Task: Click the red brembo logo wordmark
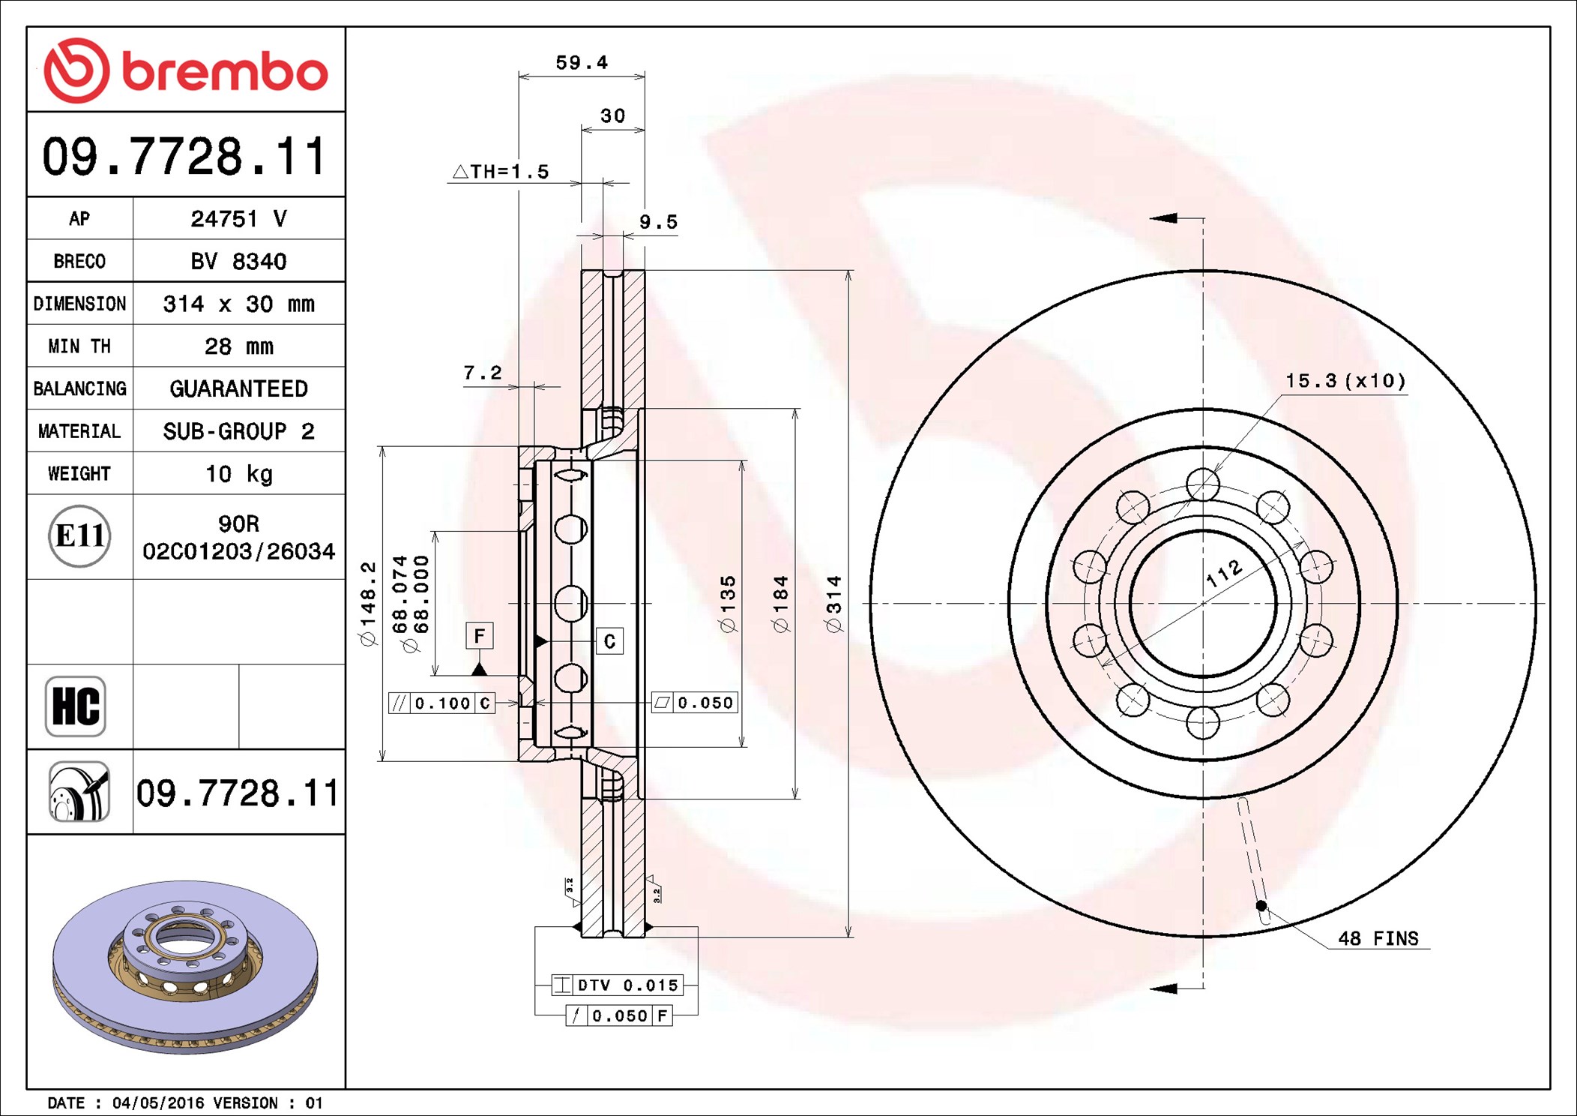coord(186,70)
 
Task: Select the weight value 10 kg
coord(239,473)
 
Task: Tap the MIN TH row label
coord(79,346)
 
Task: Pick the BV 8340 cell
coord(238,261)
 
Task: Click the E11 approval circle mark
coord(79,535)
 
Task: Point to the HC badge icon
coord(76,706)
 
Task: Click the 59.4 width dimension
coord(582,62)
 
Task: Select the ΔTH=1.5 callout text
coord(501,172)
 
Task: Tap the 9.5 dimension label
coord(658,222)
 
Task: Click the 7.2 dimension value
coord(483,373)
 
